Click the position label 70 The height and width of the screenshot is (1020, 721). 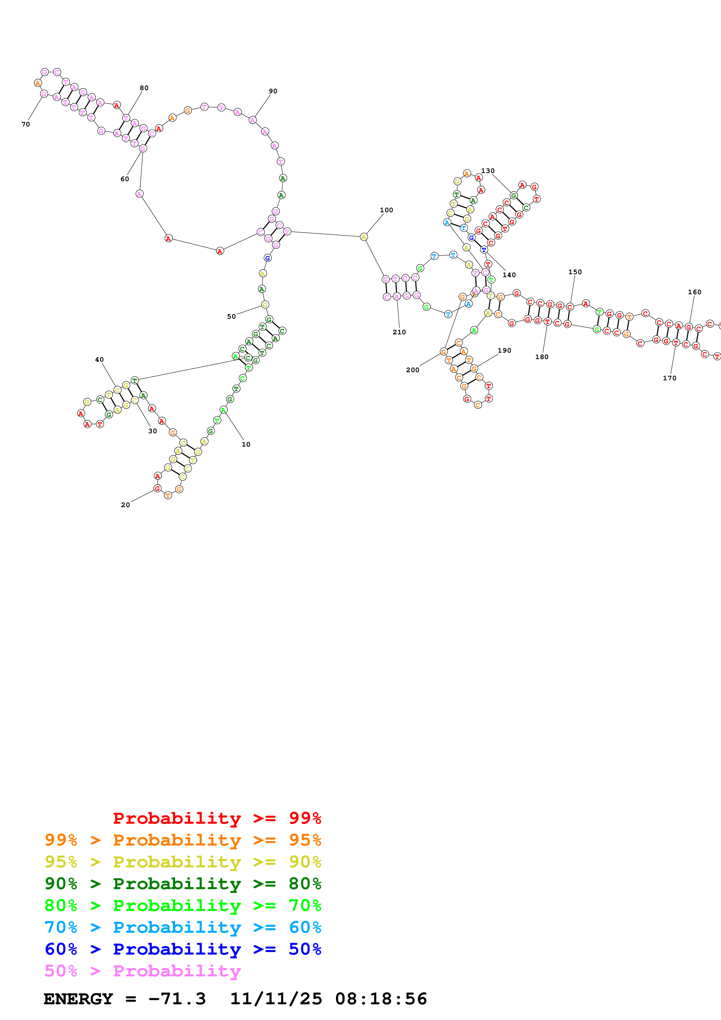coord(26,124)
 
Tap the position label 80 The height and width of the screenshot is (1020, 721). coord(144,88)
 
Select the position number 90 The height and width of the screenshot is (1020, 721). coord(273,91)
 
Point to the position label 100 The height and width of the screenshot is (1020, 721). coord(386,210)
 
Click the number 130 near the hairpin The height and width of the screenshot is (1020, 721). coord(488,171)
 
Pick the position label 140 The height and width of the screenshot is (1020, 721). coord(509,275)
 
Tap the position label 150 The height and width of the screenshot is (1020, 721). coord(575,272)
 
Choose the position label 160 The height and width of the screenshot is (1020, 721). coord(694,292)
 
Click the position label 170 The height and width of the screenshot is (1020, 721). coord(670,378)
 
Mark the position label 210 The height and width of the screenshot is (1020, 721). coord(399,332)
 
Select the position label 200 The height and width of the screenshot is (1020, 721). coord(412,370)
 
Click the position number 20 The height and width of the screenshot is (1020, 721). coord(125,505)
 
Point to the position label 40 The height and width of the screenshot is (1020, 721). coord(99,359)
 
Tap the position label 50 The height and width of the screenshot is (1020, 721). coord(232,316)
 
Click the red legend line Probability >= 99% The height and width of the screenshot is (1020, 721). coord(217,818)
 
